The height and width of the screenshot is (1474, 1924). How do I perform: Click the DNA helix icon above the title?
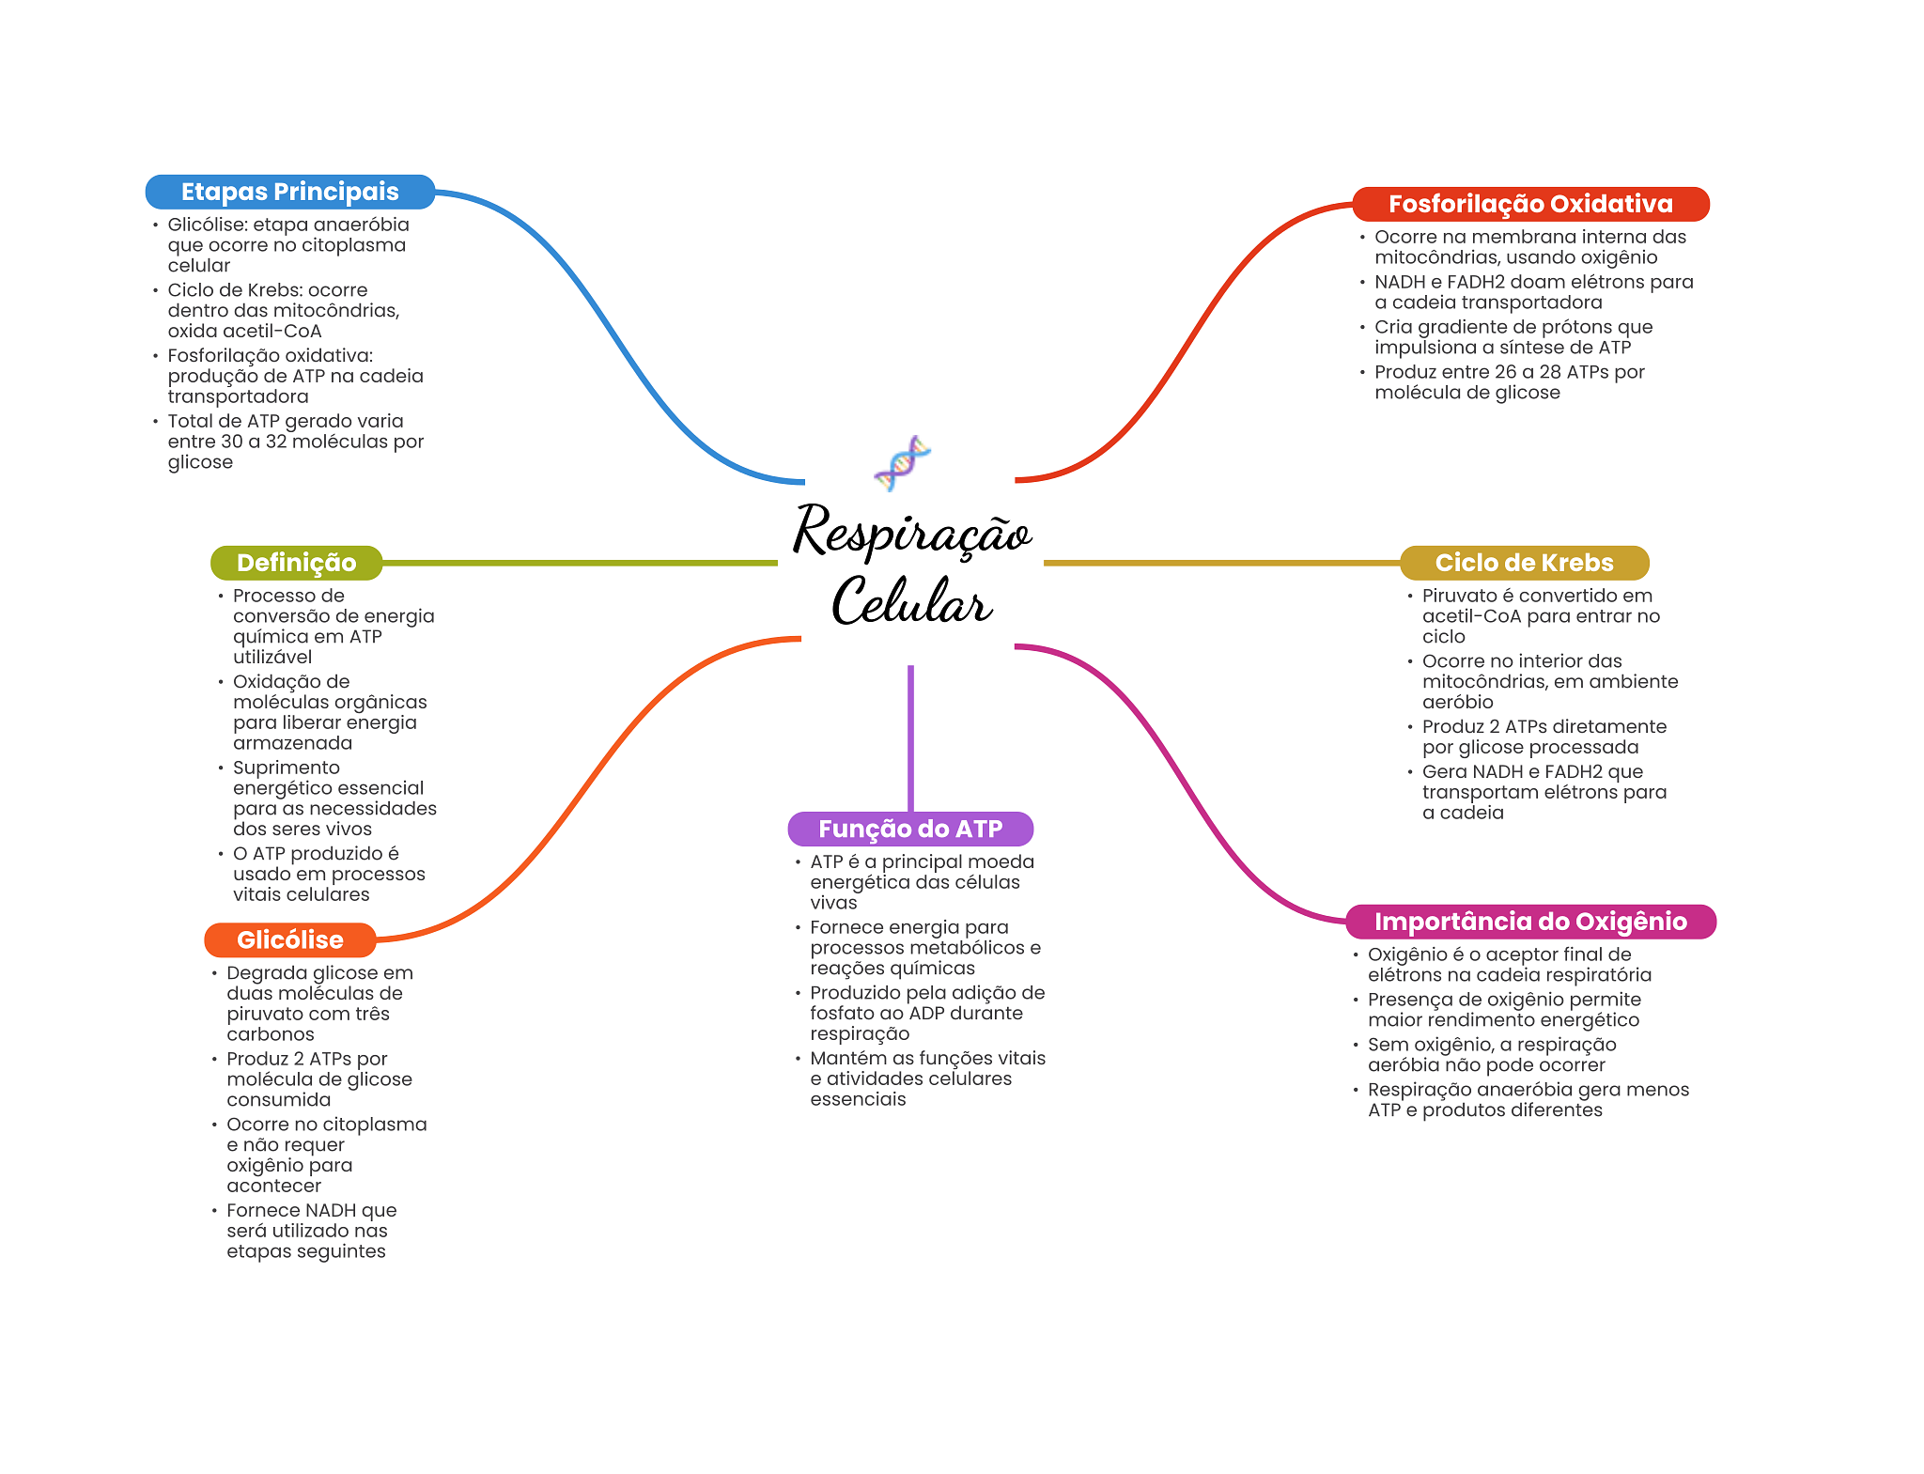click(x=902, y=462)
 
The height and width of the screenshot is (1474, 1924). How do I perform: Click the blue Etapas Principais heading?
click(x=289, y=192)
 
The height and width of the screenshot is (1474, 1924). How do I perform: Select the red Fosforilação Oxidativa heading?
click(x=1530, y=204)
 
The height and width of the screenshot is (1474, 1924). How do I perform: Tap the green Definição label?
click(x=296, y=563)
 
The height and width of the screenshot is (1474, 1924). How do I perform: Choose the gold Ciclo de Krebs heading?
click(x=1524, y=563)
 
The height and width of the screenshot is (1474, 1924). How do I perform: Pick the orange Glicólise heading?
click(x=289, y=939)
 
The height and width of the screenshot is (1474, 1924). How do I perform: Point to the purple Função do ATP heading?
click(x=910, y=829)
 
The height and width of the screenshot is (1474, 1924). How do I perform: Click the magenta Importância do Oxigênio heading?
click(x=1530, y=922)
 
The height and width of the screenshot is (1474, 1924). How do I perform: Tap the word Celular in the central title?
click(x=911, y=601)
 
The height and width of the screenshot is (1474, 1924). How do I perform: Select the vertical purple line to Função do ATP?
click(x=910, y=737)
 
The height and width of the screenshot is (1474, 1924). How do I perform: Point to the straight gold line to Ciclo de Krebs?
click(x=1221, y=563)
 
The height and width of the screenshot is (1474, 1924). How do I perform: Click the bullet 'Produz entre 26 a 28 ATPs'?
click(x=1509, y=382)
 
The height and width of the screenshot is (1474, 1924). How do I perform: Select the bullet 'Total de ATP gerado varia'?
click(x=295, y=442)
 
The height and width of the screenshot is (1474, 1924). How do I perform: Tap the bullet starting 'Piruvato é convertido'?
click(x=1541, y=616)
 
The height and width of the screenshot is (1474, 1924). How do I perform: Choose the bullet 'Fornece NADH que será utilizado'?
click(x=311, y=1231)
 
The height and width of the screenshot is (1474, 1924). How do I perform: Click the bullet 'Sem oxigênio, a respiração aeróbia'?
click(x=1491, y=1055)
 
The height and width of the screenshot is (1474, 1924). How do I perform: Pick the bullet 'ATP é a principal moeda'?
click(x=922, y=882)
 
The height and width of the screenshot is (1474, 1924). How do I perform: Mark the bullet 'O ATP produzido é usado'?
click(x=329, y=874)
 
